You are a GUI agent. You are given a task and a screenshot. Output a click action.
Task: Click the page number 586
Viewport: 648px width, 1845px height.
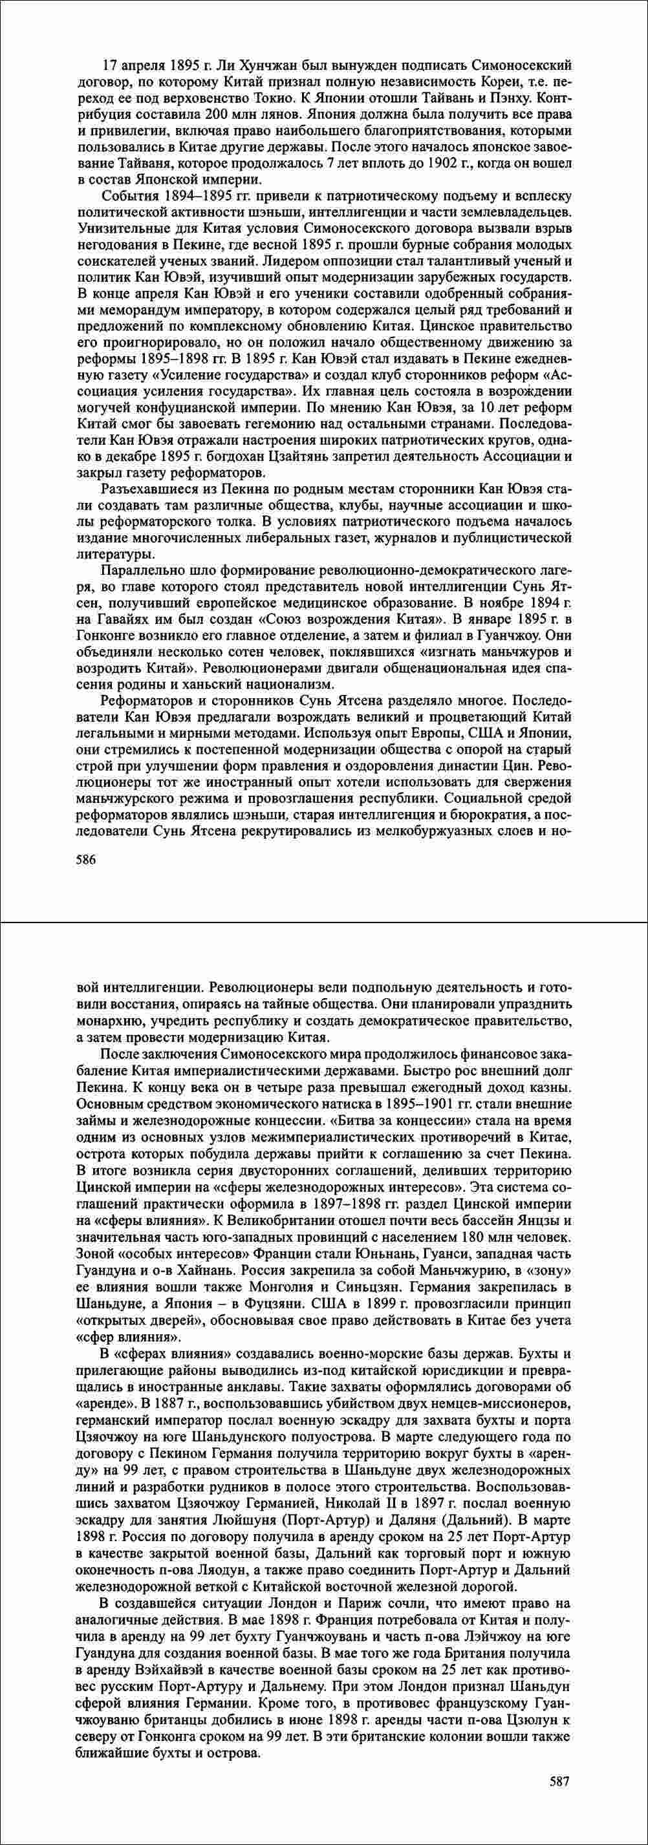[86, 860]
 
